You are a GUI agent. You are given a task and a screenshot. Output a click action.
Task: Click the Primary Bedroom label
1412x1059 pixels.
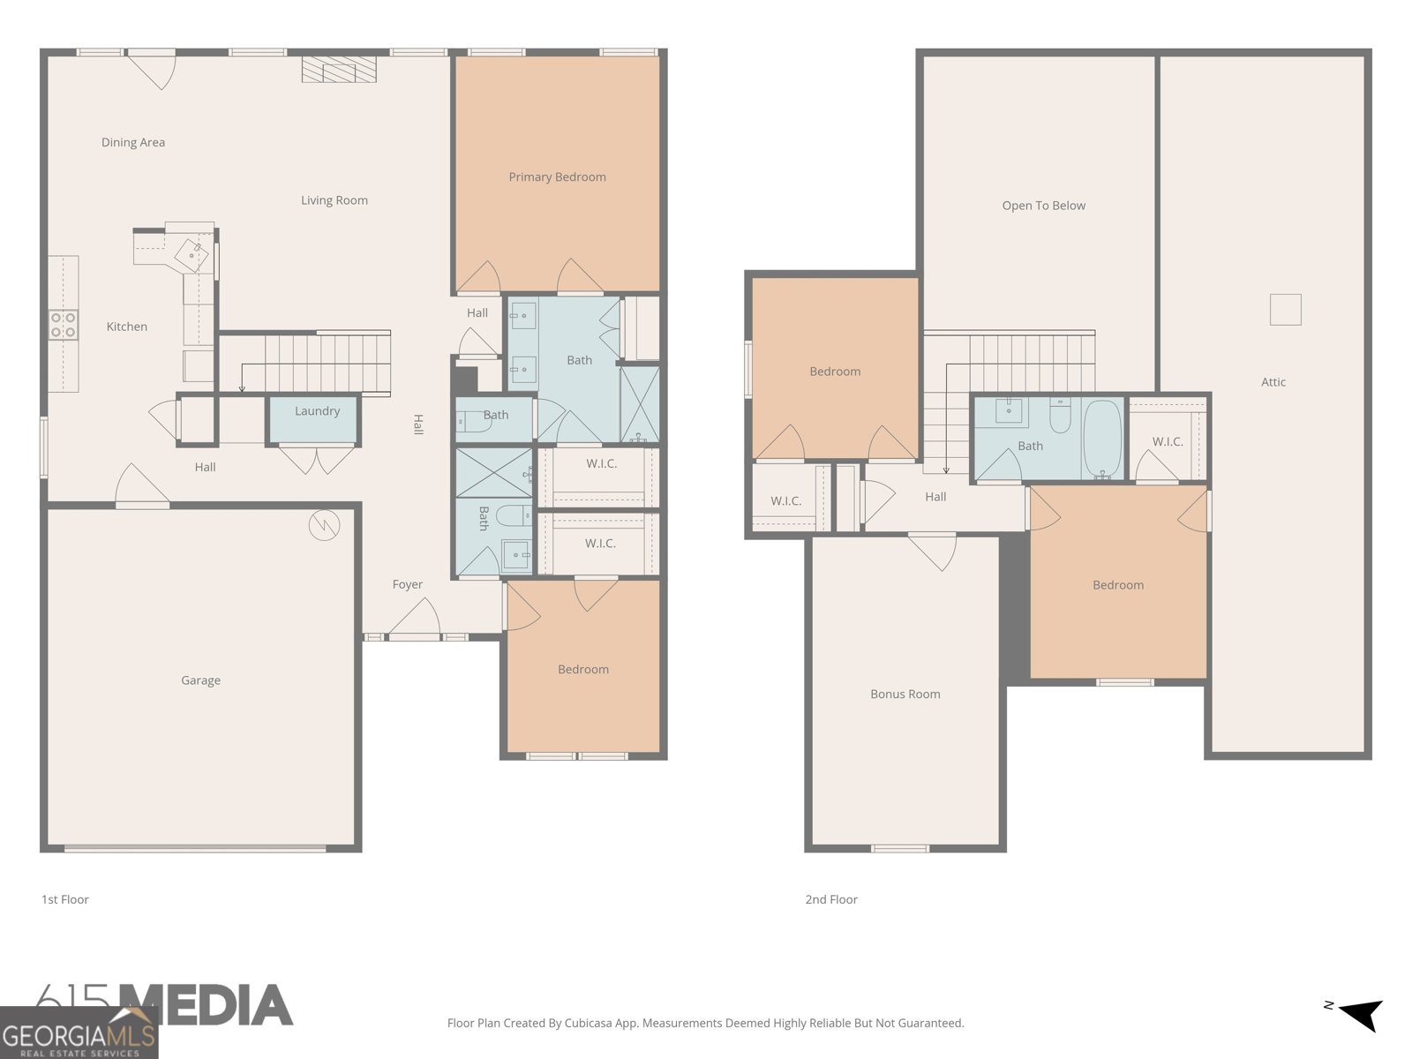click(x=557, y=176)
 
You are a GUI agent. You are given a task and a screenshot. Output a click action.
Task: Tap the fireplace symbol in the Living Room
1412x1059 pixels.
click(x=339, y=70)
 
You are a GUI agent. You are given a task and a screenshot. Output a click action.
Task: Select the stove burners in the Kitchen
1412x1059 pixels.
click(x=63, y=325)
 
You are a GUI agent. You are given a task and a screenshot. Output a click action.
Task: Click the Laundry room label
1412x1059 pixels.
click(x=317, y=411)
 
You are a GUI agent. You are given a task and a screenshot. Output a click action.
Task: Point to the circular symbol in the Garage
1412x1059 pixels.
click(x=324, y=525)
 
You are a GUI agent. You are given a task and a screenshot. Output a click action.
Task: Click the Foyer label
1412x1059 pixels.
click(x=408, y=584)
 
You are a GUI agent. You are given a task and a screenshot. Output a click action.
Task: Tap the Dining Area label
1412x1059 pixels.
click(x=133, y=142)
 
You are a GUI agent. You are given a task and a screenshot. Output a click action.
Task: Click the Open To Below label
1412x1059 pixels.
click(x=1043, y=206)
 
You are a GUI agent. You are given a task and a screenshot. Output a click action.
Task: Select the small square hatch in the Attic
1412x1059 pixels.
click(x=1285, y=310)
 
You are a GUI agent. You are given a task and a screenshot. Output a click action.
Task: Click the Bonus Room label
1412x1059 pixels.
click(x=905, y=694)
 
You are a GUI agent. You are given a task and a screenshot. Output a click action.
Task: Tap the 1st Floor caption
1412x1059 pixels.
click(x=65, y=899)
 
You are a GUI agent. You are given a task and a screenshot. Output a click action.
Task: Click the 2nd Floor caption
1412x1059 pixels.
click(x=831, y=899)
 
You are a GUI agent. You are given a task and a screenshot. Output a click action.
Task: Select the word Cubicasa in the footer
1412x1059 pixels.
click(x=588, y=1023)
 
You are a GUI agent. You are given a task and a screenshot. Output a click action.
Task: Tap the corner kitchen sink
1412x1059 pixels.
click(x=192, y=255)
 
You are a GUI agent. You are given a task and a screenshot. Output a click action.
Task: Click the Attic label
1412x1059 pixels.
click(x=1273, y=382)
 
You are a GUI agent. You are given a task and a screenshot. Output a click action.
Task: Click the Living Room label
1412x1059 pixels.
click(x=334, y=200)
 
